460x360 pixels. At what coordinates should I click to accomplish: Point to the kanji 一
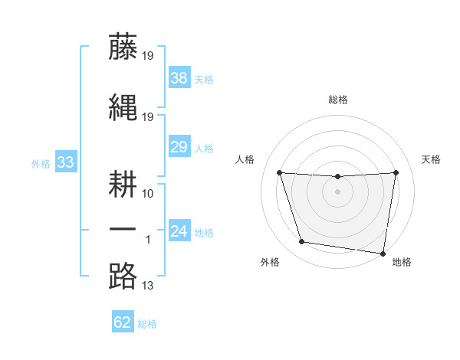coord(123,230)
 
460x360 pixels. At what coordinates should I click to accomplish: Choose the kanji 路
coord(123,275)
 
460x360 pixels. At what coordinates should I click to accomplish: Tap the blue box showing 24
coord(179,231)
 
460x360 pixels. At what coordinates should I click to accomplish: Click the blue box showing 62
coord(123,322)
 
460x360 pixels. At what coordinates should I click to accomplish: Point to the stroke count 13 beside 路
coord(148,286)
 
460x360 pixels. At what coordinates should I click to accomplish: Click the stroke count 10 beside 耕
coord(148,193)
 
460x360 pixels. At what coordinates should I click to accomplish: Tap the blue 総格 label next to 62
coord(147,323)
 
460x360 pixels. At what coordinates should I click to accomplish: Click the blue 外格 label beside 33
coord(41,162)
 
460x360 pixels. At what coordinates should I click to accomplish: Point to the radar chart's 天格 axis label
coord(431,159)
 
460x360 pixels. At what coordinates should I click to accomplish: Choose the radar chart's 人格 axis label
coord(245,159)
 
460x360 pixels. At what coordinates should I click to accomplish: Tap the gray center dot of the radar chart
coord(337,191)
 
